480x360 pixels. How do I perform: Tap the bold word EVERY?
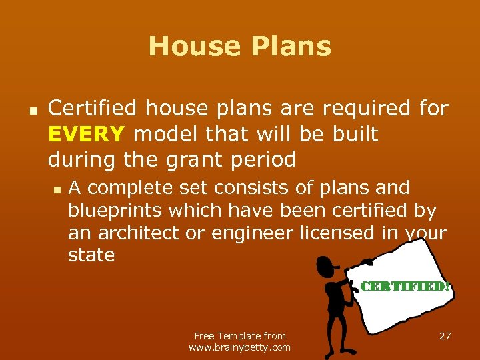pyautogui.click(x=86, y=134)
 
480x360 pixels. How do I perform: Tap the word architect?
pyautogui.click(x=130, y=233)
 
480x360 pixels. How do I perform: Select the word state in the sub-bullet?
pyautogui.click(x=91, y=255)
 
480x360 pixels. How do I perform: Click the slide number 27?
pyautogui.click(x=445, y=336)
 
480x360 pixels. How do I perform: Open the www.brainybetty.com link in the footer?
pyautogui.click(x=240, y=347)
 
